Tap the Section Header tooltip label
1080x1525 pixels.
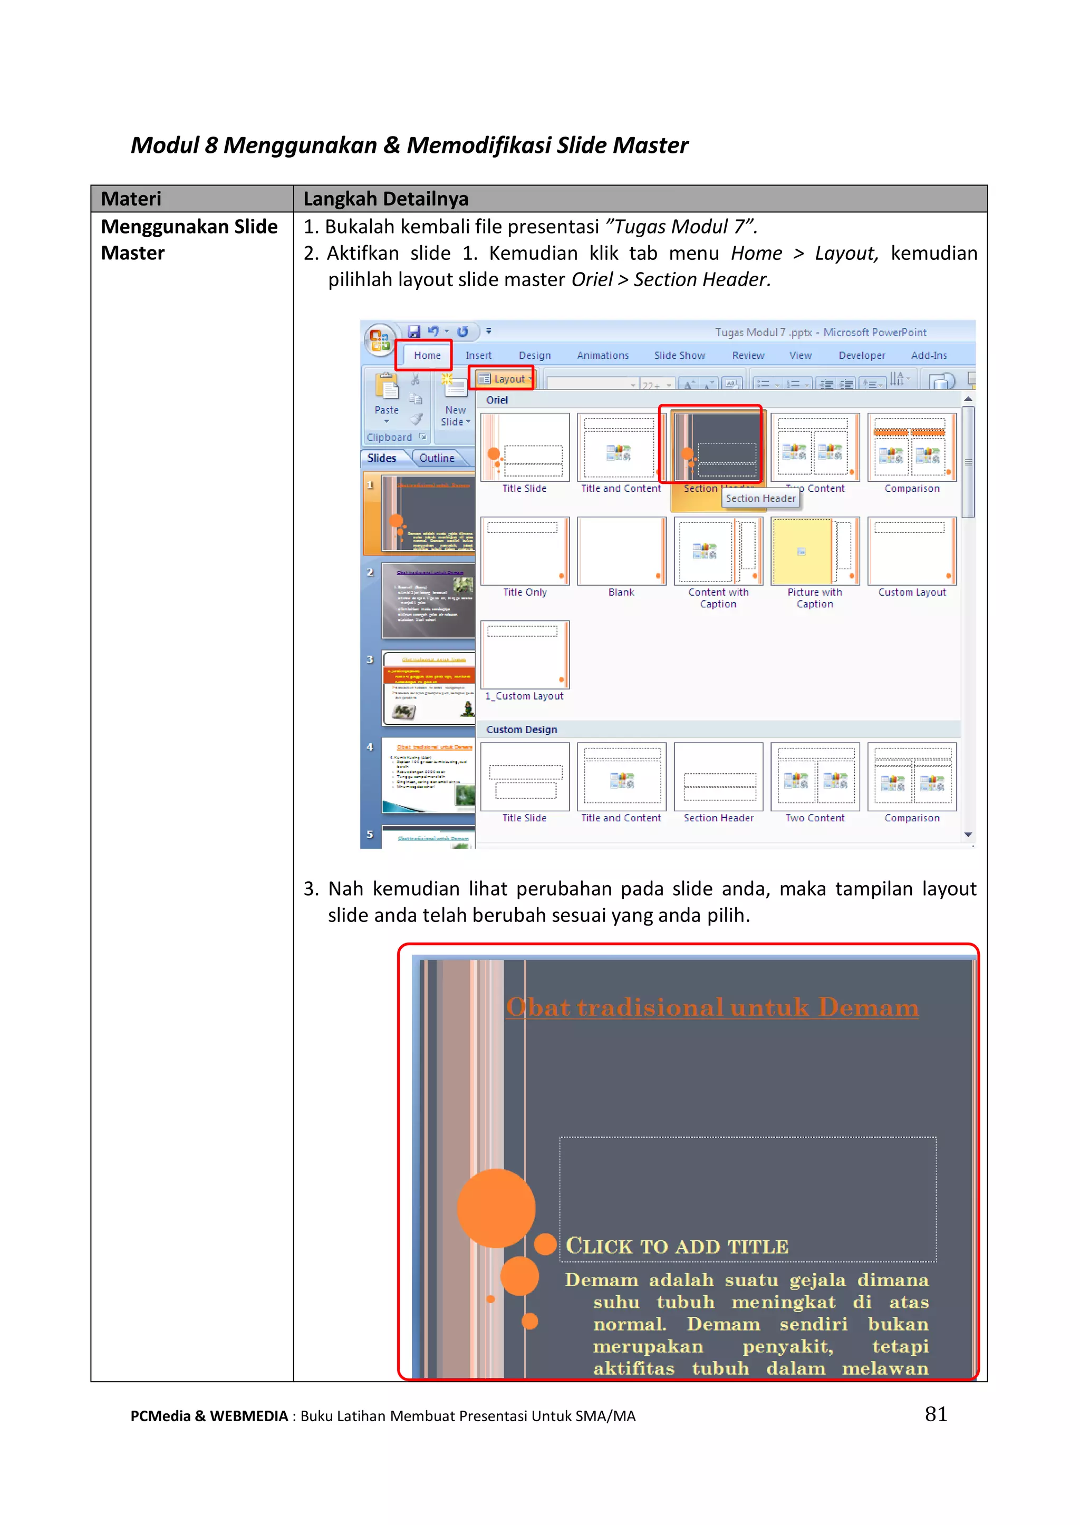pos(760,499)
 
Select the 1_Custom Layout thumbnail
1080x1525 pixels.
pos(525,655)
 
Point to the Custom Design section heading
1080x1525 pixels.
pos(522,729)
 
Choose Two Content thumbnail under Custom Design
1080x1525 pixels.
pos(815,777)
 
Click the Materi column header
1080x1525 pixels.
pos(131,199)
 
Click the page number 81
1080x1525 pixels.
pos(936,1414)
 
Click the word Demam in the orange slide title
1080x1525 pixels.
pos(868,1008)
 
